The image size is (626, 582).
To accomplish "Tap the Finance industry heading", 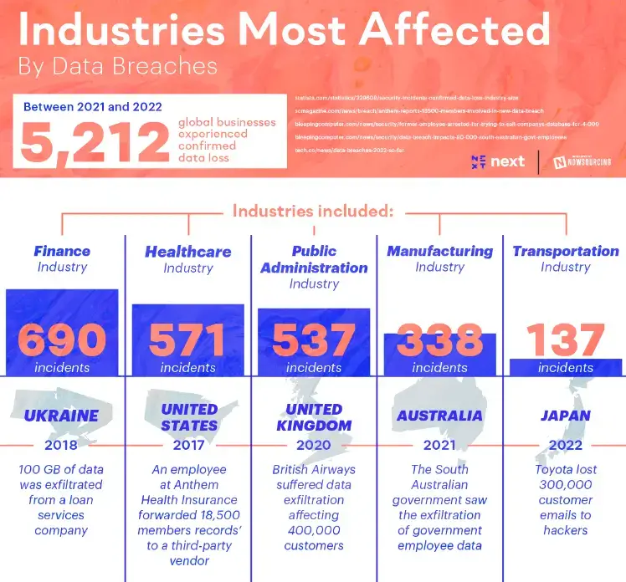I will tap(62, 251).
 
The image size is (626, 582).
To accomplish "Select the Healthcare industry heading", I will tap(188, 251).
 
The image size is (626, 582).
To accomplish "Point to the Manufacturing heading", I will tap(439, 251).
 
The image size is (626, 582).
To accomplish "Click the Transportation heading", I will tap(566, 251).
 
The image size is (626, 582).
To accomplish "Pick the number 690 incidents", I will tap(62, 340).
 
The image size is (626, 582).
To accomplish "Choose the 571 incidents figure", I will tap(188, 340).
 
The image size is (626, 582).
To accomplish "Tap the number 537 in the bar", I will tap(314, 340).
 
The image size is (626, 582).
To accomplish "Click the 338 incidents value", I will tap(439, 340).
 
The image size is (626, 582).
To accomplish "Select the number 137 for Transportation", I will tap(566, 340).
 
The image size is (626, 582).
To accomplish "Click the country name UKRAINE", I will tap(62, 416).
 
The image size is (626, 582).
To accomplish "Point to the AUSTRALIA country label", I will tap(439, 416).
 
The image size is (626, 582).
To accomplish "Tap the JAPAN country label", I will tap(566, 416).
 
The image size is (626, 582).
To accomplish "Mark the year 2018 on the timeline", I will tap(62, 446).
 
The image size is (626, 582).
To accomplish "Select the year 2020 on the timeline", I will tap(314, 446).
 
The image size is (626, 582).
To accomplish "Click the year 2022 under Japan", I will tap(566, 446).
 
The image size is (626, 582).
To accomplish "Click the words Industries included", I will tap(313, 211).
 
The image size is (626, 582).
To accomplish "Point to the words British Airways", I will tap(314, 470).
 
